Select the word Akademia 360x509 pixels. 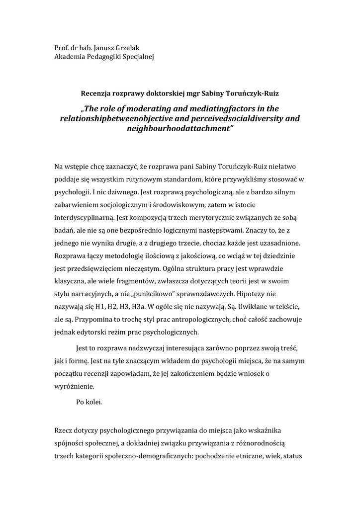[x=70, y=57]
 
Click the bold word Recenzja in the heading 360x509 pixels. [x=96, y=92]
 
